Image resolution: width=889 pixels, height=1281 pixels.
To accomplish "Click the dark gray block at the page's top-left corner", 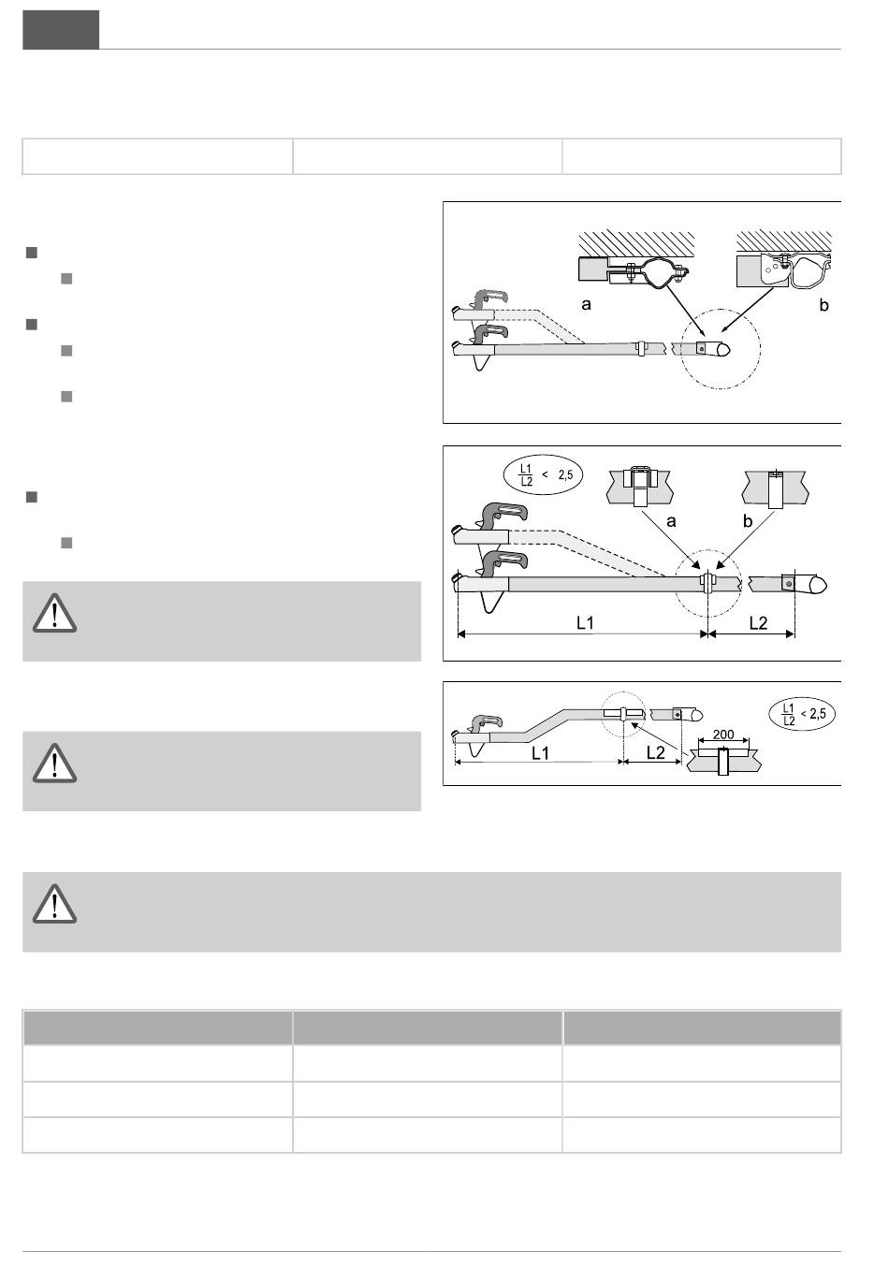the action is (x=61, y=30).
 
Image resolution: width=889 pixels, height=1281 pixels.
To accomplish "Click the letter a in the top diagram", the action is (x=586, y=305).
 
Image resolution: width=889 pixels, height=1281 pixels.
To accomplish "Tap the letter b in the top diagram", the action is (x=823, y=305).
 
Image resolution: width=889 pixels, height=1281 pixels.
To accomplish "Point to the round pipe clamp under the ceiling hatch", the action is (x=660, y=272).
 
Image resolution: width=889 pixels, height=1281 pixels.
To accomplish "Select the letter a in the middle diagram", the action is (x=671, y=521).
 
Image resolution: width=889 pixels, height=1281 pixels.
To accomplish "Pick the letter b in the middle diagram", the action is (x=747, y=520).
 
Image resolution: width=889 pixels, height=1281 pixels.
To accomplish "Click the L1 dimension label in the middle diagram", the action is (x=585, y=623).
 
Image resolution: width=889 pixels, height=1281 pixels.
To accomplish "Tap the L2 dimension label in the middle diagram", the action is (x=758, y=623).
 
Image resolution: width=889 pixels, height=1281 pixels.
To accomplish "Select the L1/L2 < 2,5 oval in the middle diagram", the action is (x=543, y=474).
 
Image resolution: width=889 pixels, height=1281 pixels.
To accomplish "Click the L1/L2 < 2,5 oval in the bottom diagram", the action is (x=801, y=713).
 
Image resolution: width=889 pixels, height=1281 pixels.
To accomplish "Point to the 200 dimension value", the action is (x=723, y=735).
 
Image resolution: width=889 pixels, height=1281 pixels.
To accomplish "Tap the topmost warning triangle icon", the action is (x=54, y=613).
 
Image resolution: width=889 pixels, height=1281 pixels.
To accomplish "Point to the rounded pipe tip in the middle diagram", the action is (x=818, y=584).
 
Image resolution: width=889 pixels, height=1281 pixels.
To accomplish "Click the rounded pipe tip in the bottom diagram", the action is (x=697, y=715).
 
